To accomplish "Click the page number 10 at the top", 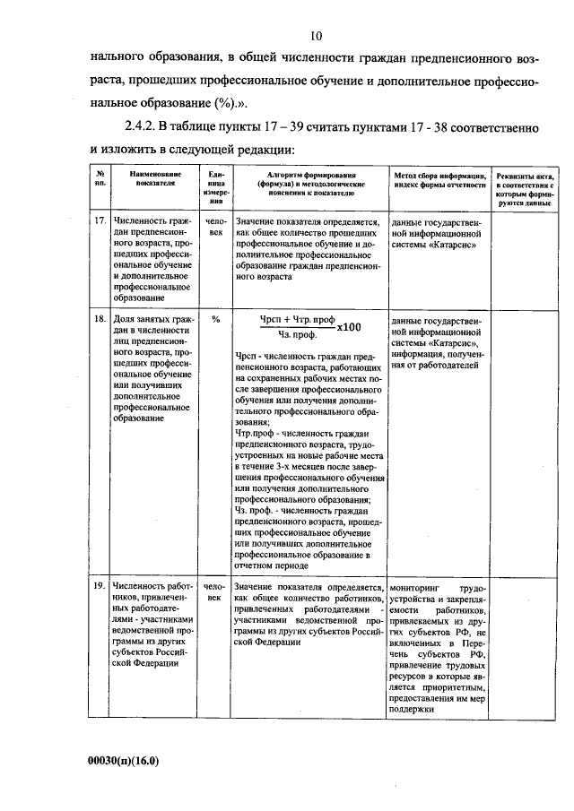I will [x=316, y=37].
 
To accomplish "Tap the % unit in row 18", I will [x=215, y=318].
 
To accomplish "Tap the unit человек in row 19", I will [x=215, y=591].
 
